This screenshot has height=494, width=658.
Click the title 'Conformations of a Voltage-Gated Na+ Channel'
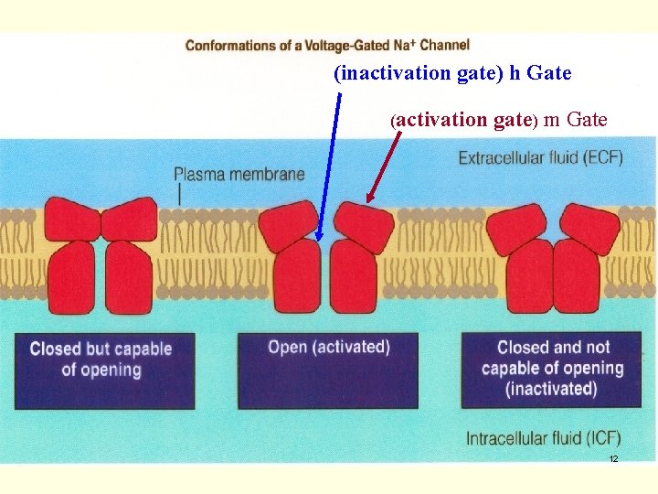click(327, 45)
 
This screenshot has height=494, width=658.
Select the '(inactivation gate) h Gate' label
click(452, 73)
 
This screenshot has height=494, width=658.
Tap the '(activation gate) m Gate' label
click(499, 119)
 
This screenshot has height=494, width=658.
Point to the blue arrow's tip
click(318, 240)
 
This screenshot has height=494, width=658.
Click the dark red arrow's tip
click(368, 201)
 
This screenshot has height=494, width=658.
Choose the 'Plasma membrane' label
click(239, 174)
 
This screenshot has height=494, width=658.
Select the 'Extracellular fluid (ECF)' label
click(540, 157)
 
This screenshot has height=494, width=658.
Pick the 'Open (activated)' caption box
click(328, 370)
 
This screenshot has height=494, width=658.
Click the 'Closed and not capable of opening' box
click(552, 370)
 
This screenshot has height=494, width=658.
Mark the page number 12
click(613, 458)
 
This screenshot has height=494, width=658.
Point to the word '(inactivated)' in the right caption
click(552, 389)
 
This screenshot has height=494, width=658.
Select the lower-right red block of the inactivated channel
click(576, 274)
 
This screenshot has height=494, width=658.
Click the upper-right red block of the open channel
click(363, 227)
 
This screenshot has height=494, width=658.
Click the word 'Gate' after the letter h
click(548, 73)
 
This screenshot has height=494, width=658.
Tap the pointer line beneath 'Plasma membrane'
click(181, 194)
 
